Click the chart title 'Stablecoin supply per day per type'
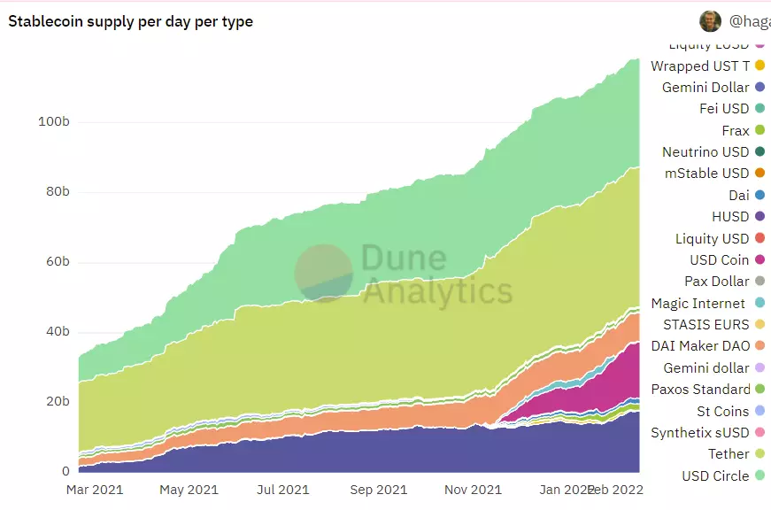pyautogui.click(x=130, y=21)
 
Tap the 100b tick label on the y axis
pyautogui.click(x=54, y=121)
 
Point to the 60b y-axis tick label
pyautogui.click(x=56, y=262)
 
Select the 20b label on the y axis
pyautogui.click(x=56, y=401)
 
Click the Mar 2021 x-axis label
pyautogui.click(x=95, y=489)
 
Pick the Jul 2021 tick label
pyautogui.click(x=283, y=489)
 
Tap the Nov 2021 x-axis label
pyautogui.click(x=473, y=489)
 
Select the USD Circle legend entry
pyautogui.click(x=715, y=475)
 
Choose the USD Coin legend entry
pyautogui.click(x=720, y=260)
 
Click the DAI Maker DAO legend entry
pyautogui.click(x=700, y=346)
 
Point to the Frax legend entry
pyautogui.click(x=736, y=130)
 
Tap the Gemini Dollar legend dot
pyautogui.click(x=759, y=88)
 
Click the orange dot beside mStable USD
pyautogui.click(x=759, y=174)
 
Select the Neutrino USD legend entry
pyautogui.click(x=705, y=152)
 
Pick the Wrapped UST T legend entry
pyautogui.click(x=700, y=66)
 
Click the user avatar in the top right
pyautogui.click(x=710, y=21)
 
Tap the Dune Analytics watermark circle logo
pyautogui.click(x=323, y=273)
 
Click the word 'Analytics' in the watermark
pyautogui.click(x=437, y=290)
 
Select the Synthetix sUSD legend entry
pyautogui.click(x=700, y=433)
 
